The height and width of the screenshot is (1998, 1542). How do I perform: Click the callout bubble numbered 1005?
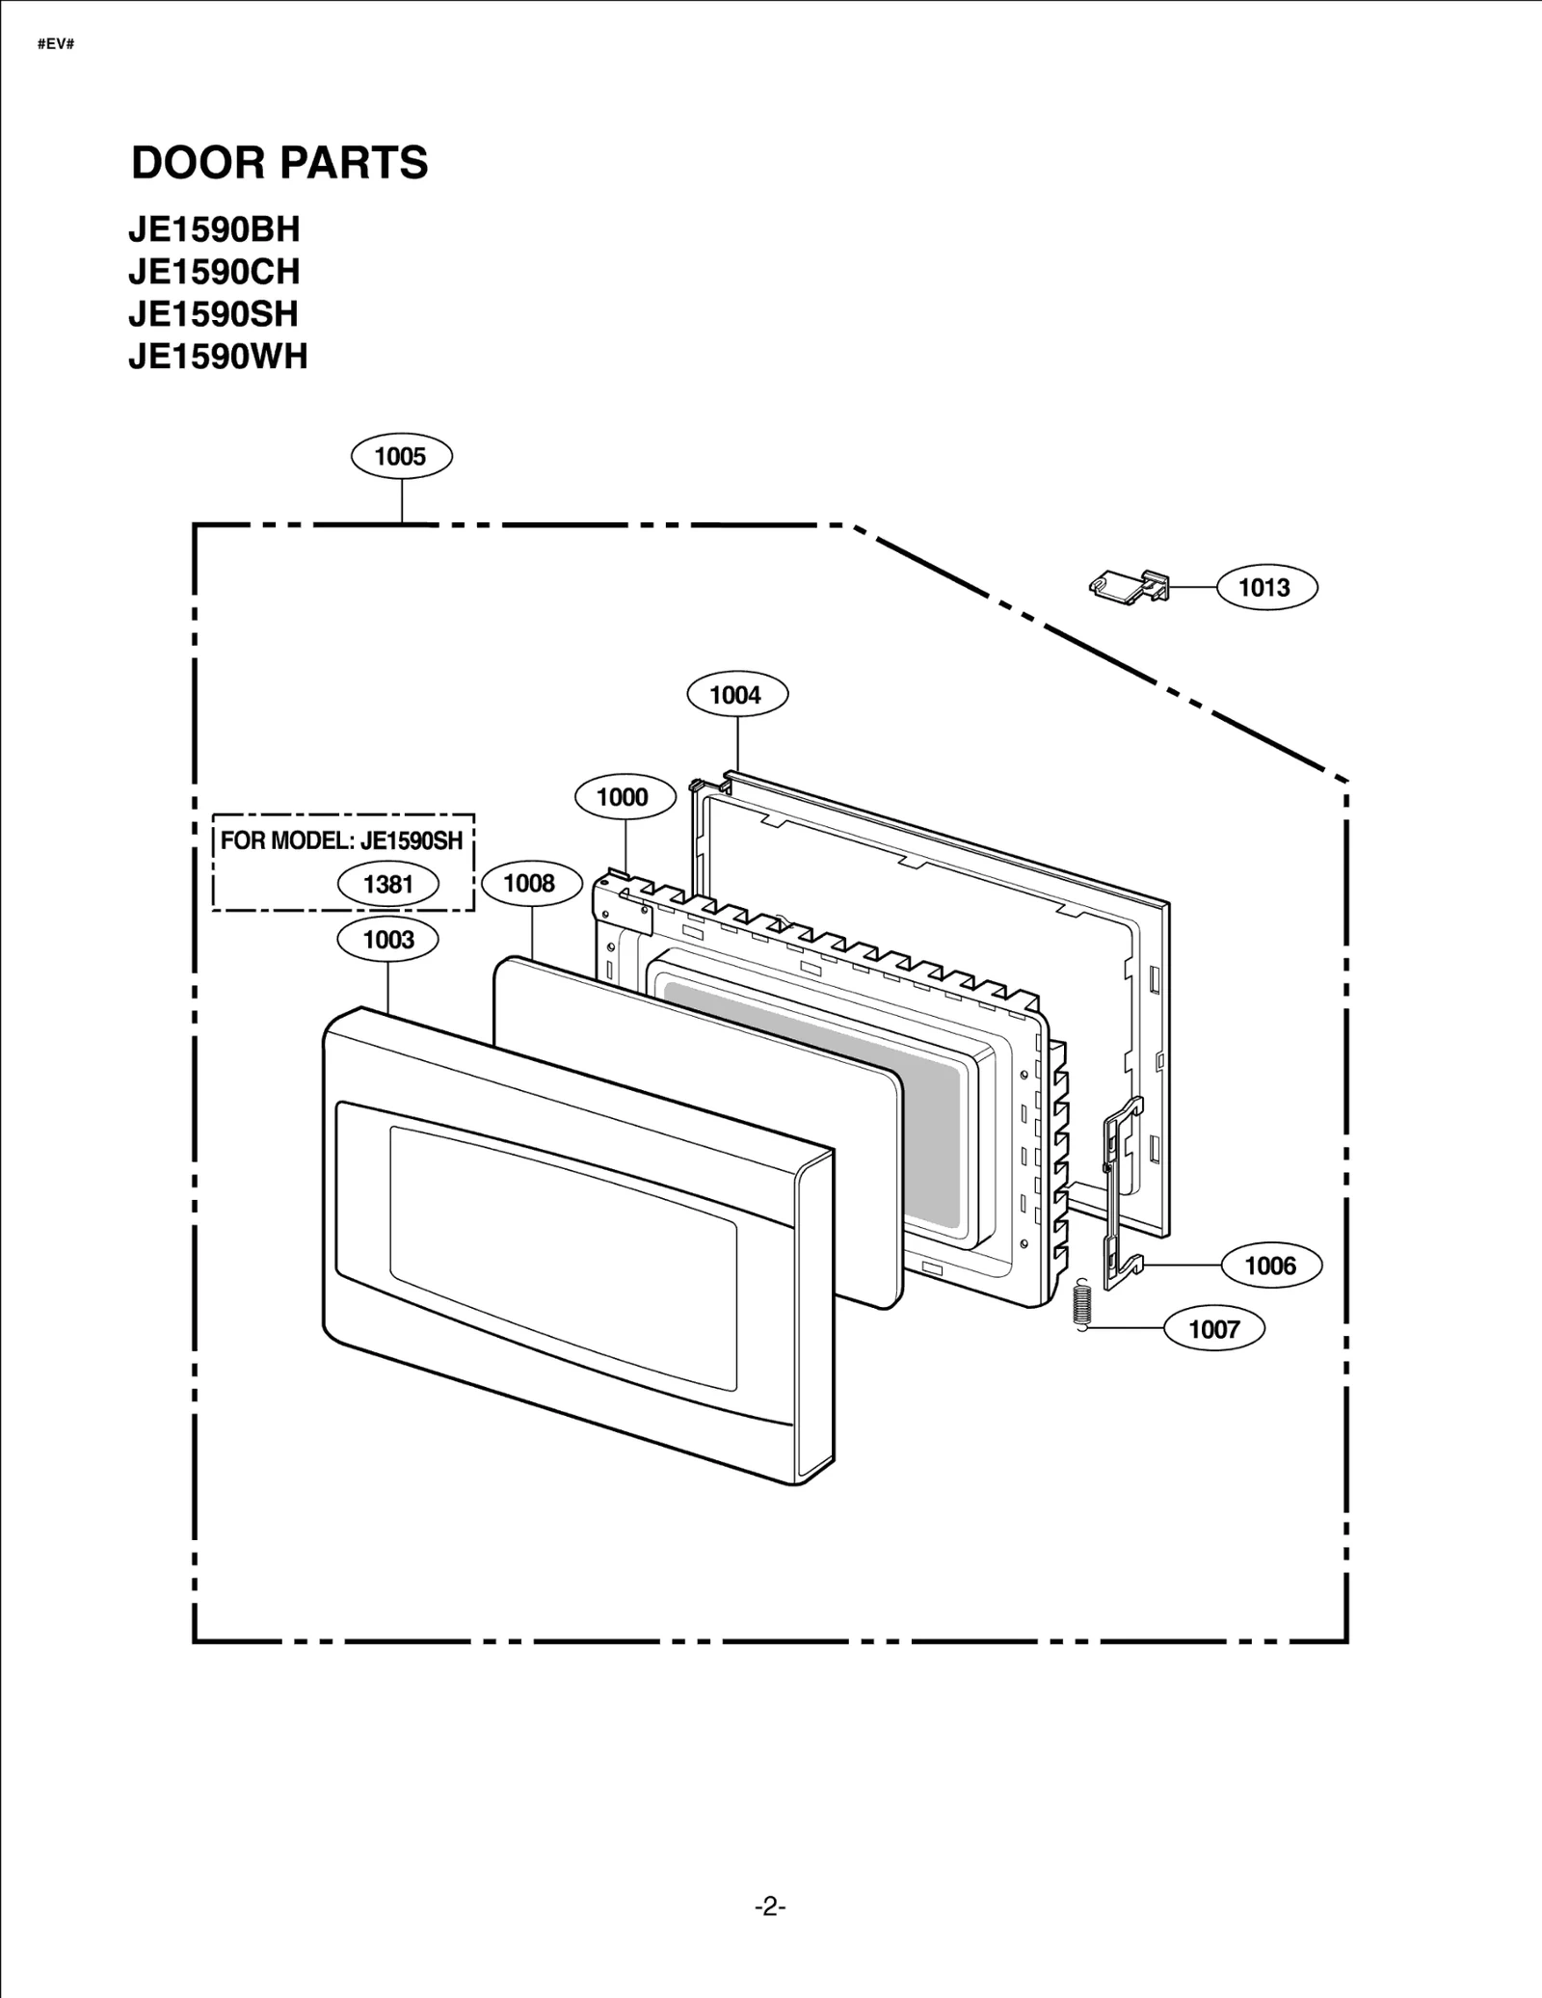tap(401, 457)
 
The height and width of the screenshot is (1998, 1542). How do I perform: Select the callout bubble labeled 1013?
tap(1266, 588)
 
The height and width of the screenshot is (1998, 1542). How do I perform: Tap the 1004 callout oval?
tap(737, 695)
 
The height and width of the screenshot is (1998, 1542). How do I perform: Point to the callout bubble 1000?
tap(625, 797)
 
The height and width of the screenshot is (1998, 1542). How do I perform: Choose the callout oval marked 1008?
tap(531, 884)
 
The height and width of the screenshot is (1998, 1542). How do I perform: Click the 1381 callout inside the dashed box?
tap(388, 884)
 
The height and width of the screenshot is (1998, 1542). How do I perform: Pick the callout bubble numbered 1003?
tap(388, 940)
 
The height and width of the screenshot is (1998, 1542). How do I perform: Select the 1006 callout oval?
tap(1270, 1265)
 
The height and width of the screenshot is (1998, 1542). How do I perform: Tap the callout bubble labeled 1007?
tap(1213, 1329)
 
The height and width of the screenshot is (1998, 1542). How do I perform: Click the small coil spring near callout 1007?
tap(1082, 1304)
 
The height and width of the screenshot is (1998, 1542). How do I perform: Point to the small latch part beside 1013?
tap(1130, 585)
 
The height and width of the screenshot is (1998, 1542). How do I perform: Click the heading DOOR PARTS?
tap(279, 162)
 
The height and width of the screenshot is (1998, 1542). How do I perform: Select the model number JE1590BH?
tap(214, 230)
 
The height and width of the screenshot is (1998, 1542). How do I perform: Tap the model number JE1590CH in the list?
tap(214, 273)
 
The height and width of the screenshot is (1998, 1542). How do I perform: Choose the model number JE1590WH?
tap(218, 357)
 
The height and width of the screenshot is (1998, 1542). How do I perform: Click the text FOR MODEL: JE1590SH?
tap(342, 840)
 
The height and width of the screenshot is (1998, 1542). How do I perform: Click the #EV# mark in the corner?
tap(56, 44)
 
